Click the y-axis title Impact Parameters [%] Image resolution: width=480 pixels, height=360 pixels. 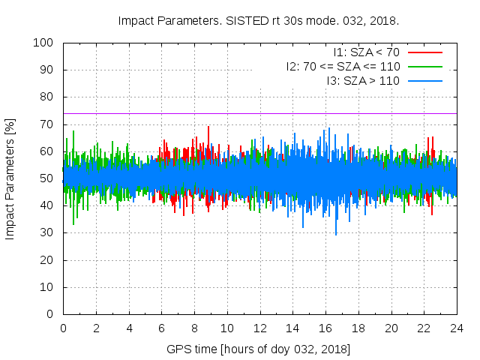tap(10, 178)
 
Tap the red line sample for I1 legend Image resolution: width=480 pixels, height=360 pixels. tap(424, 52)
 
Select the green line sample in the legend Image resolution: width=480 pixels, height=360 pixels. tap(424, 66)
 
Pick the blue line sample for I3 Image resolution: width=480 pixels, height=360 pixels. tap(424, 80)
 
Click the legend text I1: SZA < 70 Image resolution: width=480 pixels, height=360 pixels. tap(367, 52)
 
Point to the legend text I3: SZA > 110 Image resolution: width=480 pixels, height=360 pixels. tap(364, 80)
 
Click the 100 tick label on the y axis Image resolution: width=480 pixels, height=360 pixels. tap(45, 43)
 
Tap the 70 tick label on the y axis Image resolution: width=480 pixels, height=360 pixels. tap(48, 124)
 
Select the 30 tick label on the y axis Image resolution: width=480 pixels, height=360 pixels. tap(48, 233)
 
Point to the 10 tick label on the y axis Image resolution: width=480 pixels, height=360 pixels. tap(48, 287)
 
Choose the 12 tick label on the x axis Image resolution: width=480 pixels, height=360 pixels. tap(259, 328)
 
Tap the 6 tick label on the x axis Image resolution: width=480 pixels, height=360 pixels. tap(161, 328)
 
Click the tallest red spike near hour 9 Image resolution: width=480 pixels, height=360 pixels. tap(208, 127)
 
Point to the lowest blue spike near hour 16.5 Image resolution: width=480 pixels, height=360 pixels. tap(336, 234)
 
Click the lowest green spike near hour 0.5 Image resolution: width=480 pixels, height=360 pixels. tap(73, 223)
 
